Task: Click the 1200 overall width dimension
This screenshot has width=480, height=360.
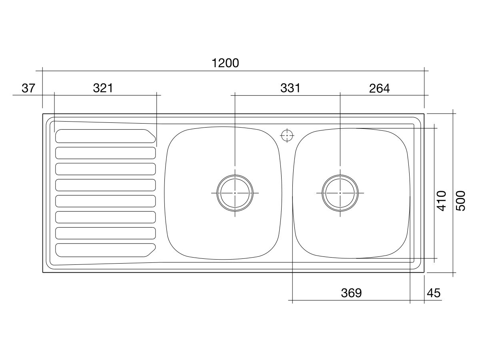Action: pyautogui.click(x=225, y=63)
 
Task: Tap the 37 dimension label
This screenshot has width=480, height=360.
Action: pyautogui.click(x=28, y=88)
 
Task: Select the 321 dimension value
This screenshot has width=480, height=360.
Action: pyautogui.click(x=103, y=88)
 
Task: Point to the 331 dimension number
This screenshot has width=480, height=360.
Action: pyautogui.click(x=290, y=88)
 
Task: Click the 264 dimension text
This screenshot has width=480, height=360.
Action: pyautogui.click(x=379, y=88)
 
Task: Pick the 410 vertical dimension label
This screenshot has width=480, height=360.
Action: pyautogui.click(x=441, y=201)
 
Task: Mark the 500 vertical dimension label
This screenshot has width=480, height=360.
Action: pyautogui.click(x=461, y=201)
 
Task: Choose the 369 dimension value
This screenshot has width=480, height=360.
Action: pyautogui.click(x=351, y=293)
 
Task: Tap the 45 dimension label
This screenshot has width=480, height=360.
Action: pyautogui.click(x=434, y=293)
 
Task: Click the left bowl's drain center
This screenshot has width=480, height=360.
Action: pyautogui.click(x=235, y=193)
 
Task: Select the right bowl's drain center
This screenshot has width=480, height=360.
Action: pyautogui.click(x=340, y=193)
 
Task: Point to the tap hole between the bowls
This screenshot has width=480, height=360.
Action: pyautogui.click(x=287, y=136)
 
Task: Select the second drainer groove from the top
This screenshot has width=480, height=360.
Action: pyautogui.click(x=105, y=152)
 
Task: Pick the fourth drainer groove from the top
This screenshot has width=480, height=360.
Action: pyautogui.click(x=105, y=185)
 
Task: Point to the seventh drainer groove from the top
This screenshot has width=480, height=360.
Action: pyautogui.click(x=105, y=233)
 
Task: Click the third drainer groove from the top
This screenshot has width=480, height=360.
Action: pyautogui.click(x=105, y=169)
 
